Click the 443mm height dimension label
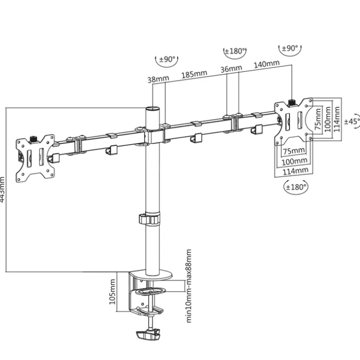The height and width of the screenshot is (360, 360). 3,189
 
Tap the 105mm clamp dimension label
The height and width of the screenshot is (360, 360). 112,292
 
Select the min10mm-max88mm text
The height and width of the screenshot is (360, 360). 189,286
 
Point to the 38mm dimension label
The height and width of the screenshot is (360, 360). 158,79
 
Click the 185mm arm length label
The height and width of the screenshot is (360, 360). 194,74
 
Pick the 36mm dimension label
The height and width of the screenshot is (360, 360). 231,69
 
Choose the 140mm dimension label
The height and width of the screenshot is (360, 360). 267,64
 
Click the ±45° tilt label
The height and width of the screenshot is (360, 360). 352,121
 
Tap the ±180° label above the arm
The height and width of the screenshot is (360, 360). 235,51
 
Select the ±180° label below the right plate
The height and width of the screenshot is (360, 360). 296,187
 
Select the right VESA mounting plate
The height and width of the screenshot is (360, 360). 294,120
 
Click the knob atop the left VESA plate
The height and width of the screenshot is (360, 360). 34,139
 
